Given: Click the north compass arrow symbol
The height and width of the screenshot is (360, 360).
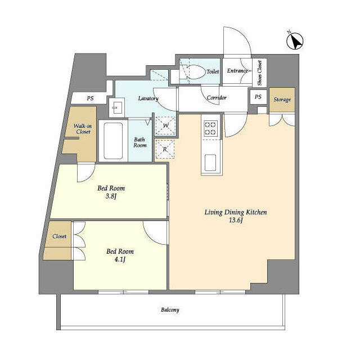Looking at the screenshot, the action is click(295, 40).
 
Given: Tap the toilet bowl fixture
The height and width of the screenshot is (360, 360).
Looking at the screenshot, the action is click(193, 71).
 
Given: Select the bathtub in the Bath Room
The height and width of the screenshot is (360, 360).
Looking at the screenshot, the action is click(113, 141).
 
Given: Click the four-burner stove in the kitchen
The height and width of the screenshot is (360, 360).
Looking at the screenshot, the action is click(210, 129).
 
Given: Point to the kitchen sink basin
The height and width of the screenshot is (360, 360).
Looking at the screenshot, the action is click(210, 163).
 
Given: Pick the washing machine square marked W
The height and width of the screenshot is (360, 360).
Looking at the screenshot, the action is click(165, 125).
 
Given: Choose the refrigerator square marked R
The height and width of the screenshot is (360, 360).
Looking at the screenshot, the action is click(165, 149).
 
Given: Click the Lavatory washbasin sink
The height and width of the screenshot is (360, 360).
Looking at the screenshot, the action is click(116, 107).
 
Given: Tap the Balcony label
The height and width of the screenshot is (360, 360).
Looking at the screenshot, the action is click(170, 310).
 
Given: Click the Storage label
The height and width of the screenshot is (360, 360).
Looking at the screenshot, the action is click(282, 100).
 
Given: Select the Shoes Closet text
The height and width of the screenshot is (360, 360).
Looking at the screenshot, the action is click(260, 73).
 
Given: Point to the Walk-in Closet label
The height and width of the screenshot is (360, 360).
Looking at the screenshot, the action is click(83, 129).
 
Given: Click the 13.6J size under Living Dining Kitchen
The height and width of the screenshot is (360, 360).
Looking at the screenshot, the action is click(236, 220).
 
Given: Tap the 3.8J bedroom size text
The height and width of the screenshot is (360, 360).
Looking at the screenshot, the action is click(111, 196).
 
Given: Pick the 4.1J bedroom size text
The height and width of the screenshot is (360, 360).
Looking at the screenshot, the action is click(120, 260).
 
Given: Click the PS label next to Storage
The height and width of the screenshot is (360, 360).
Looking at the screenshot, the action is click(258, 97).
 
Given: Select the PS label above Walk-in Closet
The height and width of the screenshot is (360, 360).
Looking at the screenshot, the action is click(90, 98).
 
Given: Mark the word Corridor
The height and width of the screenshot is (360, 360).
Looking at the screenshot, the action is click(217, 98).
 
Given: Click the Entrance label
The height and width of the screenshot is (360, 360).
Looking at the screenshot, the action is click(237, 71).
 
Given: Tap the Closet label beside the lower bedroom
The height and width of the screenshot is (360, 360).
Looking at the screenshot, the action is click(60, 236).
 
